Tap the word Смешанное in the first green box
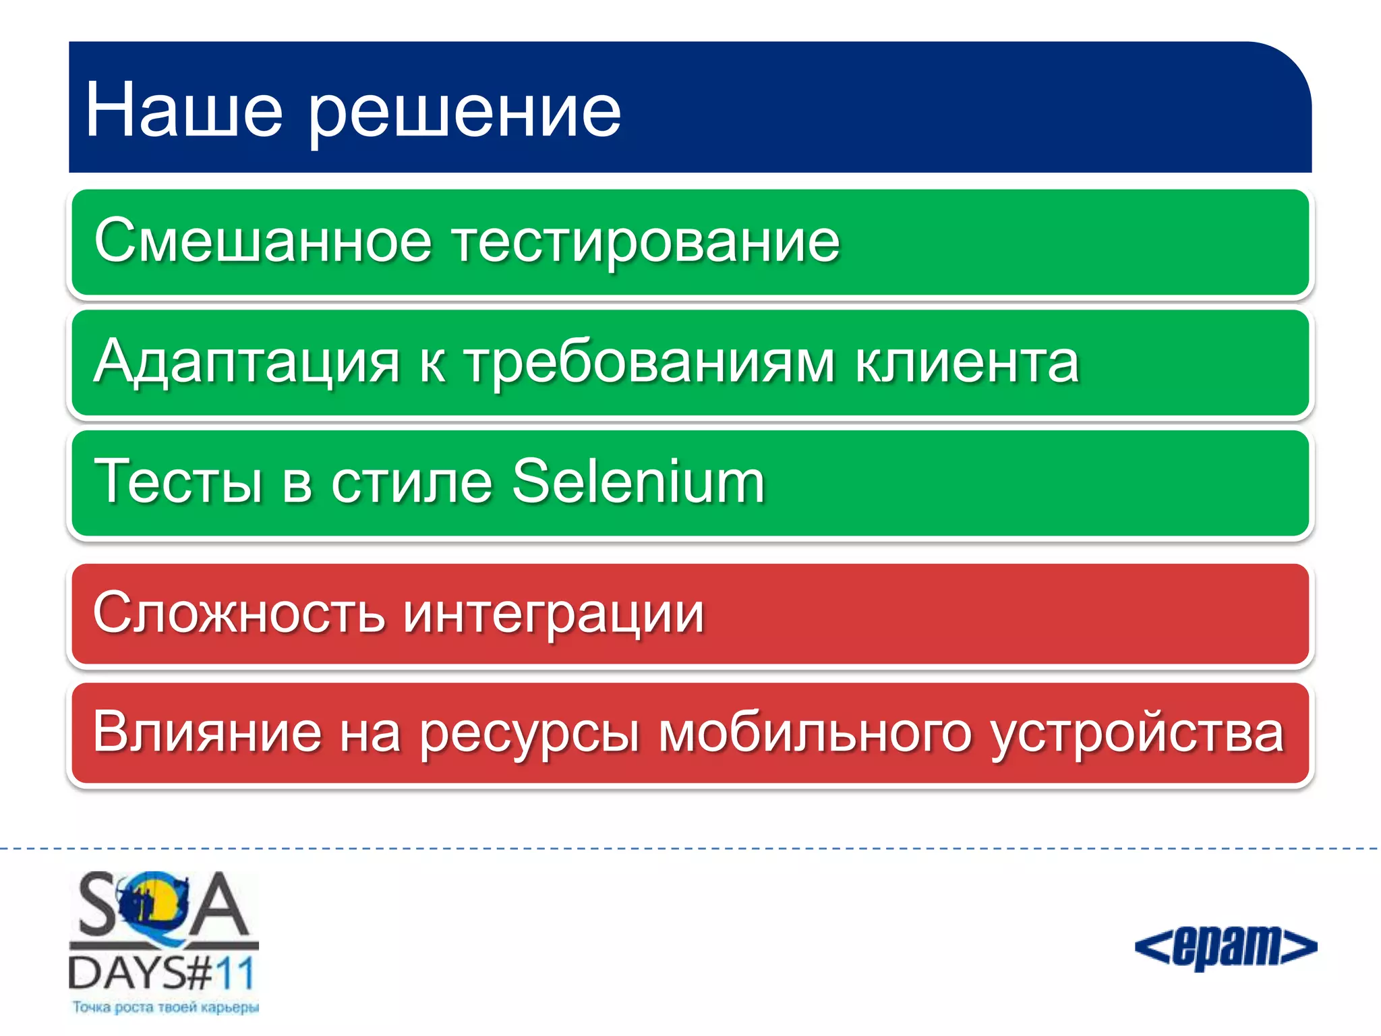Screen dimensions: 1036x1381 click(262, 241)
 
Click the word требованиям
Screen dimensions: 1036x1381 click(650, 363)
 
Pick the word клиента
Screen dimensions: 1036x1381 click(968, 363)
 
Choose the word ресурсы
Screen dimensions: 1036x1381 click(529, 735)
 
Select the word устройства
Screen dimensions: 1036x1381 click(1137, 735)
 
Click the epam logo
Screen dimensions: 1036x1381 click(1225, 947)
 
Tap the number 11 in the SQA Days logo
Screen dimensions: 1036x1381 click(235, 974)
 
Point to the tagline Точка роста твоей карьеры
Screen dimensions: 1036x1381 click(165, 1008)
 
